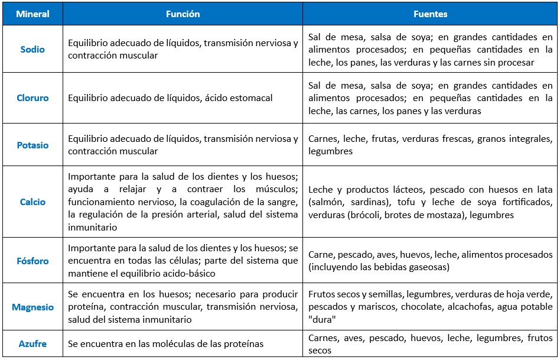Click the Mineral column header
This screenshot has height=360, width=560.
pos(32,14)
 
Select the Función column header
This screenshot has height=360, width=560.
pos(183,14)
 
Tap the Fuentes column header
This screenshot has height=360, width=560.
pos(430,14)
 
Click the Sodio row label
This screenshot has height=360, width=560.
pos(32,50)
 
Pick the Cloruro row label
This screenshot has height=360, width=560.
pos(32,98)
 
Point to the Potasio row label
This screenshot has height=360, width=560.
pos(32,145)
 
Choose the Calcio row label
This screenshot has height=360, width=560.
pos(32,202)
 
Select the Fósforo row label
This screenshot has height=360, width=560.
pos(32,261)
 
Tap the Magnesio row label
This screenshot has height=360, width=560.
pos(32,307)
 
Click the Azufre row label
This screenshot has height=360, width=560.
pos(32,343)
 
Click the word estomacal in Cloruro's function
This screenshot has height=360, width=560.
pos(250,98)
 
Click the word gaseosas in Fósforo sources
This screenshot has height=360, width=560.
pos(426,267)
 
